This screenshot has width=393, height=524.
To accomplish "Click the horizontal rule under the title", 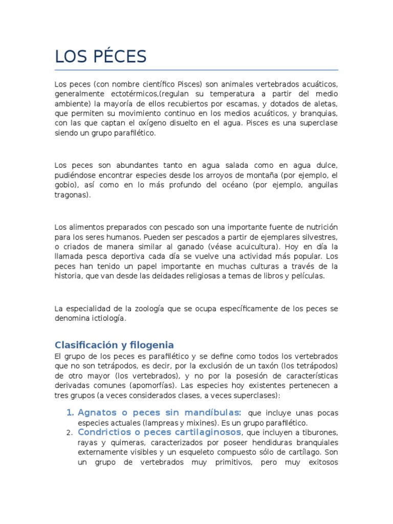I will coord(196,70).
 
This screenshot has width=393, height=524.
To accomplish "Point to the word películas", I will coord(306,276).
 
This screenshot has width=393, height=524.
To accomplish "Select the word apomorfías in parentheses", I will coord(170,385).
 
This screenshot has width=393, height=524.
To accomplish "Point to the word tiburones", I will coord(320,433).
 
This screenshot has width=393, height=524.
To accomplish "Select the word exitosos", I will coord(319,462).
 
